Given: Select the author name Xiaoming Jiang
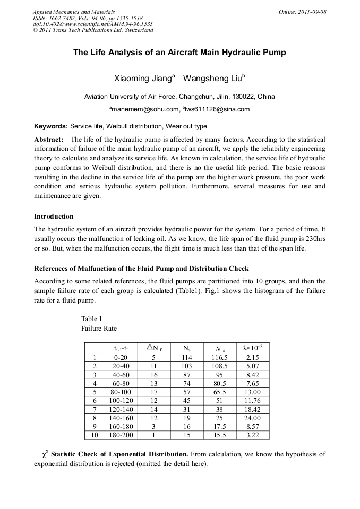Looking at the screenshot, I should point(142,79).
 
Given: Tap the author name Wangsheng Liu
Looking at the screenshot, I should point(212,79).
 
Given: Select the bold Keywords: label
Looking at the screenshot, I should point(51,126).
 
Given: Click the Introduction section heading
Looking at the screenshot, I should point(54,217).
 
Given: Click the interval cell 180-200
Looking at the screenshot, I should point(121,435).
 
